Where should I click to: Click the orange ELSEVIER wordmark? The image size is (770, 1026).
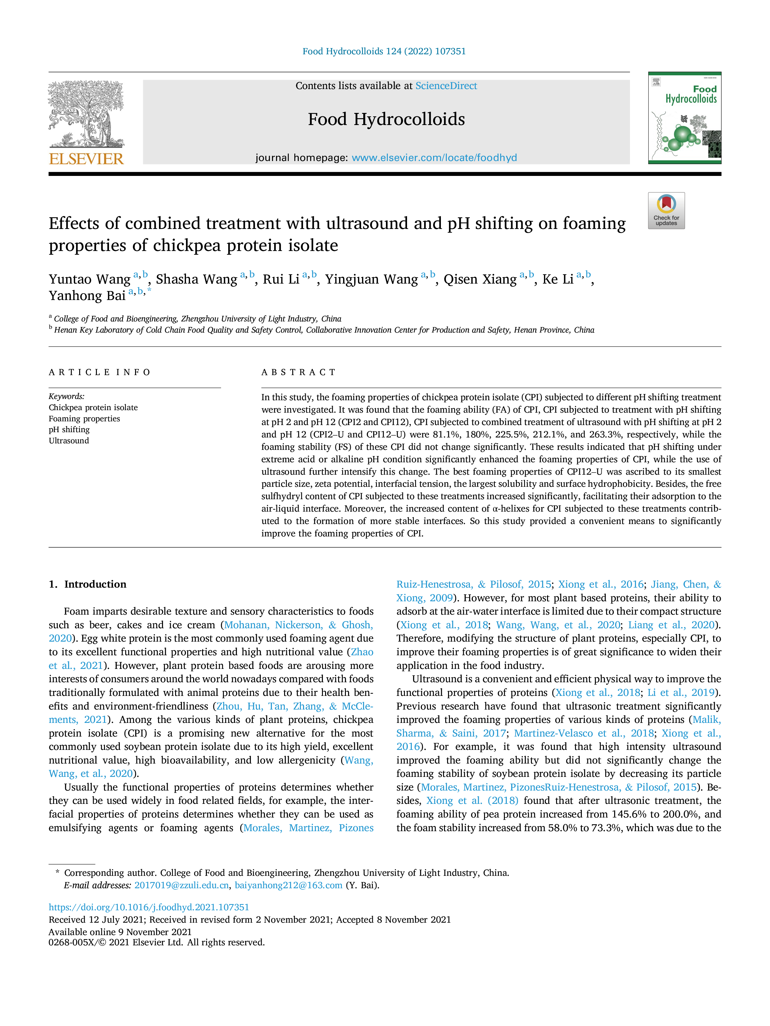(x=86, y=159)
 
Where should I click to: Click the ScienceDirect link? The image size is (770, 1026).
(x=446, y=86)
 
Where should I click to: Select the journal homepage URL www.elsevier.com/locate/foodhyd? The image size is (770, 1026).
(x=434, y=158)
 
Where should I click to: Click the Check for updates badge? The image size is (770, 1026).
(x=666, y=211)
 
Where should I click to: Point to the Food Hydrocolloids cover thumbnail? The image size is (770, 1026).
(x=685, y=118)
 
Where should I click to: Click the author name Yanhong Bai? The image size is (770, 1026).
(x=87, y=295)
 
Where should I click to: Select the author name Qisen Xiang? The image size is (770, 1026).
(x=480, y=279)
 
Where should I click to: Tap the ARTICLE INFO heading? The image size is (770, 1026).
(x=99, y=372)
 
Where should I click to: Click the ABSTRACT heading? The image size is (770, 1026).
(x=298, y=372)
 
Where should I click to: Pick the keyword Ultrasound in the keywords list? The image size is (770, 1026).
(x=69, y=441)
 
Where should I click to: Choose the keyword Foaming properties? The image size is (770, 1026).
(x=84, y=419)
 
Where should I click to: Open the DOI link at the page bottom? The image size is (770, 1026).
(x=149, y=907)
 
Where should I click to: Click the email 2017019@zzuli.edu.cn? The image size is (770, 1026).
(x=181, y=885)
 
